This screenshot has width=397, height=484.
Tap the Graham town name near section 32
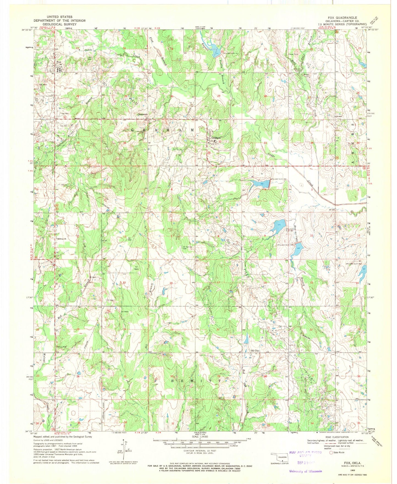point(216,138)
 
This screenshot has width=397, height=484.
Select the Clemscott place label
point(143,114)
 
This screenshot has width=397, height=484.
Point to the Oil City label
point(255,351)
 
